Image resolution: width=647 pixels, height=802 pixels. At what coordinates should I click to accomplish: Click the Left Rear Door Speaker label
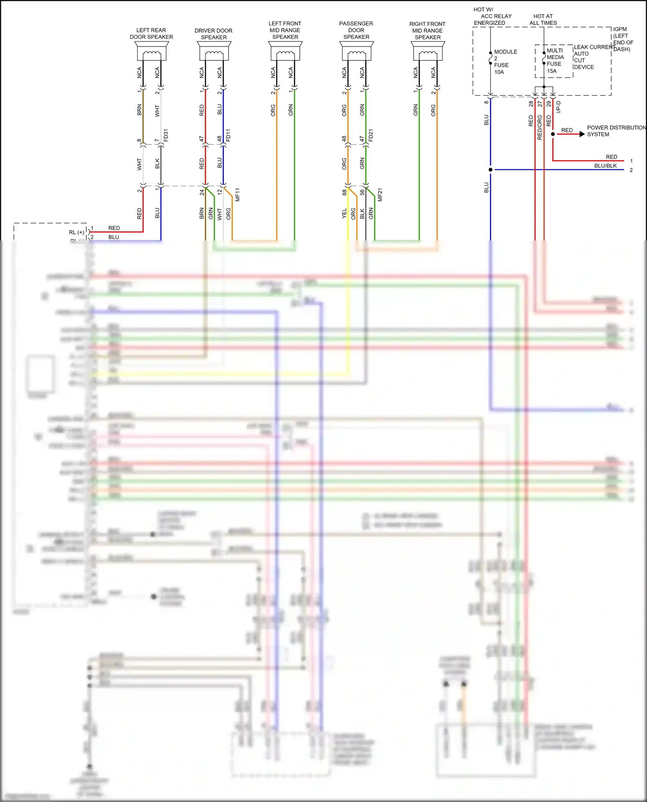coord(151,34)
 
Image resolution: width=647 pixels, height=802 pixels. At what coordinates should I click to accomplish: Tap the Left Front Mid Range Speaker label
coord(285,30)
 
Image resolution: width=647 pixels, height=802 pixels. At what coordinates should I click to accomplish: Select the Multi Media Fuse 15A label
coord(555,61)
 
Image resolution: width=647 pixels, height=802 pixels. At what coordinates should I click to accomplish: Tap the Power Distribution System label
coord(616,131)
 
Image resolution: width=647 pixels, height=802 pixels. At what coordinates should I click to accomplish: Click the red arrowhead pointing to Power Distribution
coord(582,134)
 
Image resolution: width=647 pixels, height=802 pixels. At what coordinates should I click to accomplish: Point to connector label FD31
coord(166,135)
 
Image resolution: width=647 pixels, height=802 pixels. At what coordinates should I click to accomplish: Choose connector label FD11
coord(229,135)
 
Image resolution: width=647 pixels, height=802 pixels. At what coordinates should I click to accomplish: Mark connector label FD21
coord(371,135)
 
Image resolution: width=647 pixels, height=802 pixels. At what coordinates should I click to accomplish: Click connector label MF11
coord(238,195)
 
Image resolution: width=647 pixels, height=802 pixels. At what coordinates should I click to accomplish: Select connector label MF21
coord(380,195)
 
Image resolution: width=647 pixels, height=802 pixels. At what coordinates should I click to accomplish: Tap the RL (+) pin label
coord(76,232)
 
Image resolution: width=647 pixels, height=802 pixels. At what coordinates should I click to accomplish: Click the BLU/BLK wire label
coord(605,166)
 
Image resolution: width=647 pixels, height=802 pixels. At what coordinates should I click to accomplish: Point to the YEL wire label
coord(344,213)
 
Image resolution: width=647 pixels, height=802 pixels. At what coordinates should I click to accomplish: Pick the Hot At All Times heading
coord(543,19)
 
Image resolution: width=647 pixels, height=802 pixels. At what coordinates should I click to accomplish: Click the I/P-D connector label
coord(559,107)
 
